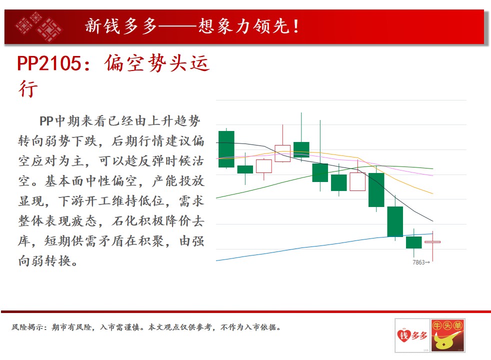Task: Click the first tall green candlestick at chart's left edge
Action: (226, 149)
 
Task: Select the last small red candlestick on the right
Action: (432, 242)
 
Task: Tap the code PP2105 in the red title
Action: (49, 63)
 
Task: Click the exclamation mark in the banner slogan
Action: (296, 26)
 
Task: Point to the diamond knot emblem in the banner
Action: (38, 26)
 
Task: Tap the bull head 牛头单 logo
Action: (448, 335)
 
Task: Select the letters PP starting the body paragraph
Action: (46, 121)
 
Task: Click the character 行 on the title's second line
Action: (28, 88)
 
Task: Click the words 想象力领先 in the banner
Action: (243, 26)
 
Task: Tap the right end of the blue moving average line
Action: (433, 234)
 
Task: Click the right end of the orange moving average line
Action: (433, 194)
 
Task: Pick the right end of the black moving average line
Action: (433, 221)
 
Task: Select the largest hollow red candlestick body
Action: (357, 181)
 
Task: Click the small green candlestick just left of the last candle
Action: (413, 242)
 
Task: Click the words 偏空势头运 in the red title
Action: (156, 63)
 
